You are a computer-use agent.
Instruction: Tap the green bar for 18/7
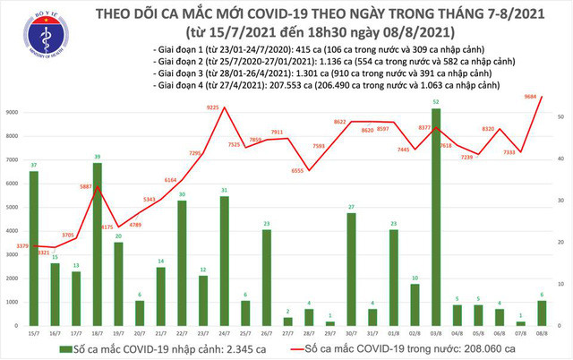click(97, 244)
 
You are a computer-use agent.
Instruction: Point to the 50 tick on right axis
click(560, 117)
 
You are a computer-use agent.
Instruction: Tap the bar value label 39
click(97, 156)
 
